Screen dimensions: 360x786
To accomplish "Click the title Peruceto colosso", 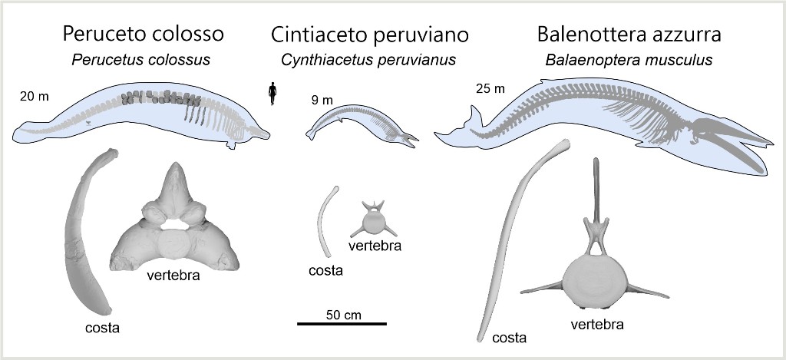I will tap(143, 34).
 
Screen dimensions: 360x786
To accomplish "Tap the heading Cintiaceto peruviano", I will tap(369, 35).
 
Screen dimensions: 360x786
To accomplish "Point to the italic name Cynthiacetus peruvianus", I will tap(369, 60).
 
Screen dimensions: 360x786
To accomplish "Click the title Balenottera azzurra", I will tap(629, 34).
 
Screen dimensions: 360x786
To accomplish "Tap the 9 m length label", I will tap(322, 100).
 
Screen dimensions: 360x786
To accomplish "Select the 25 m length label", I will tap(490, 88).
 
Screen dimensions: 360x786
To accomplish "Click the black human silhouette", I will tap(271, 92).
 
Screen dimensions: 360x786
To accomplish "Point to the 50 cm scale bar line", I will tap(342, 324).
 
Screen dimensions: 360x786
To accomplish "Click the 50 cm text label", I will tap(343, 314).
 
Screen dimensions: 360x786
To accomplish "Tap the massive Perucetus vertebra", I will tap(175, 226).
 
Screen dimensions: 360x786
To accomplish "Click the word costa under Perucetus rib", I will tap(101, 329).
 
